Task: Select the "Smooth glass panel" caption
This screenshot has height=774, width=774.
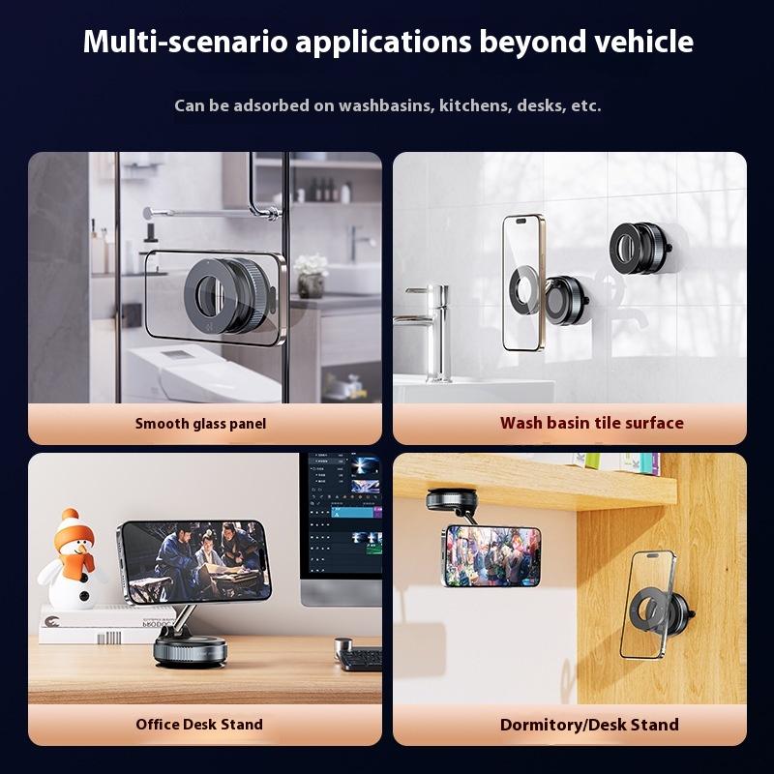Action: click(200, 423)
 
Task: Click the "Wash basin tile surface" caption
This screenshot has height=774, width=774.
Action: click(591, 423)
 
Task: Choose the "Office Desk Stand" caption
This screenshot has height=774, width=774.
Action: click(199, 724)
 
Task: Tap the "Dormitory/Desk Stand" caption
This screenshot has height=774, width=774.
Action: click(589, 724)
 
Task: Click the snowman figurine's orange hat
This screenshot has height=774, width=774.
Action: click(71, 529)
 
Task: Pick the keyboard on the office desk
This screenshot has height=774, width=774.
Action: click(361, 659)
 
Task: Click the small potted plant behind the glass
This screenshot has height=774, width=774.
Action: click(312, 275)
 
